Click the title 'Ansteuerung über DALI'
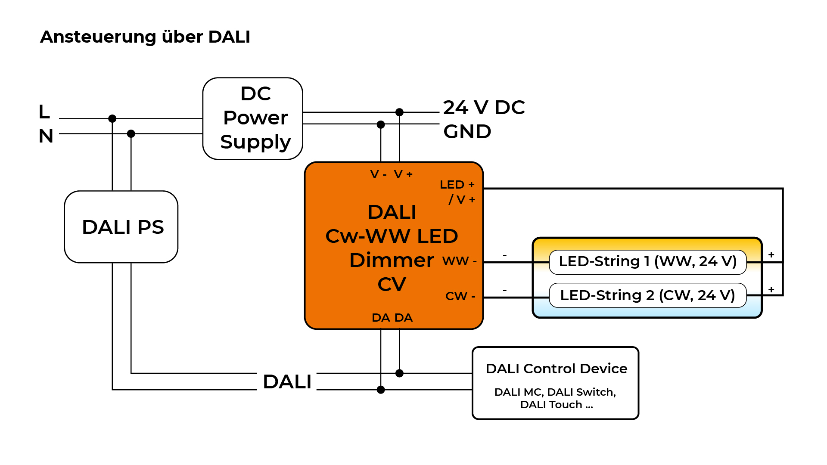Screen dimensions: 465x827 pos(145,37)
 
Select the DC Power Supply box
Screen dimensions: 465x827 pos(253,118)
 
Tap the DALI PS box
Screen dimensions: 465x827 pos(121,227)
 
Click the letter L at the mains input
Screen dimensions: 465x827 pos(44,112)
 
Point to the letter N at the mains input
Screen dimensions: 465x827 pos(46,136)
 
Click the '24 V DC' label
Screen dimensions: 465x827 pos(484,108)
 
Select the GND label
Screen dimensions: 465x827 pos(467,132)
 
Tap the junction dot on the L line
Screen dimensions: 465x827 pos(112,118)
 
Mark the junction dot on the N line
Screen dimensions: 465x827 pos(131,134)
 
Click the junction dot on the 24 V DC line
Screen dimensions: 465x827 pos(399,112)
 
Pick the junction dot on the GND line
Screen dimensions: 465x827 pos(381,124)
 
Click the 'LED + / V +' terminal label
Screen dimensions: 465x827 pos(458,192)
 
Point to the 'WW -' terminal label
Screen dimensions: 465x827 pos(460,261)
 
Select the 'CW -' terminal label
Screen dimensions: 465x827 pos(460,296)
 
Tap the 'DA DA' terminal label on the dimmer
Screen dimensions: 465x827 pos(392,318)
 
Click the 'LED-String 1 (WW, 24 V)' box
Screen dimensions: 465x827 pos(647,261)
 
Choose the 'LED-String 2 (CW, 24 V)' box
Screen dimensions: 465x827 pos(647,295)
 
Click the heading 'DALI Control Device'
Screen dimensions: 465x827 pos(556,369)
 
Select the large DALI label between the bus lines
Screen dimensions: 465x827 pos(287,382)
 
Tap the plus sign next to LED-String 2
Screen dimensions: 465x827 pos(771,290)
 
